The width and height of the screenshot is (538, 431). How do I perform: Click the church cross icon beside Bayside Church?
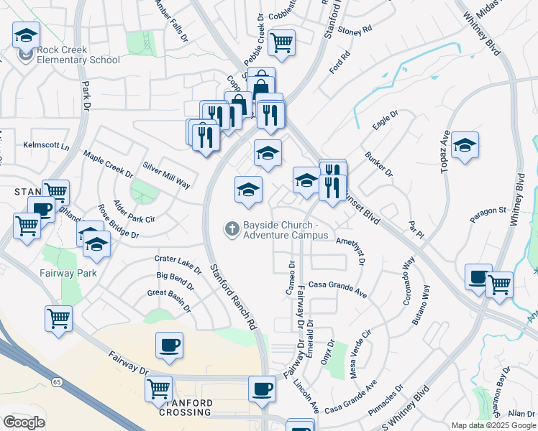coord(232,229)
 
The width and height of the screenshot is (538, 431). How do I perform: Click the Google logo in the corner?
coord(23,422)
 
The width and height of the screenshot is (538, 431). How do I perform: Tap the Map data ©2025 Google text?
coord(493,425)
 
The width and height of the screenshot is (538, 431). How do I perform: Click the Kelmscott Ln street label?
coord(46,146)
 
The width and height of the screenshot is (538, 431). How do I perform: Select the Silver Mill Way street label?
coord(166,174)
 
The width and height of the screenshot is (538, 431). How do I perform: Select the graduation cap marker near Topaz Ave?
coord(465,146)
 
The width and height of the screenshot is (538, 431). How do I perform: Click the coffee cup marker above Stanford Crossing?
coord(169,346)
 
